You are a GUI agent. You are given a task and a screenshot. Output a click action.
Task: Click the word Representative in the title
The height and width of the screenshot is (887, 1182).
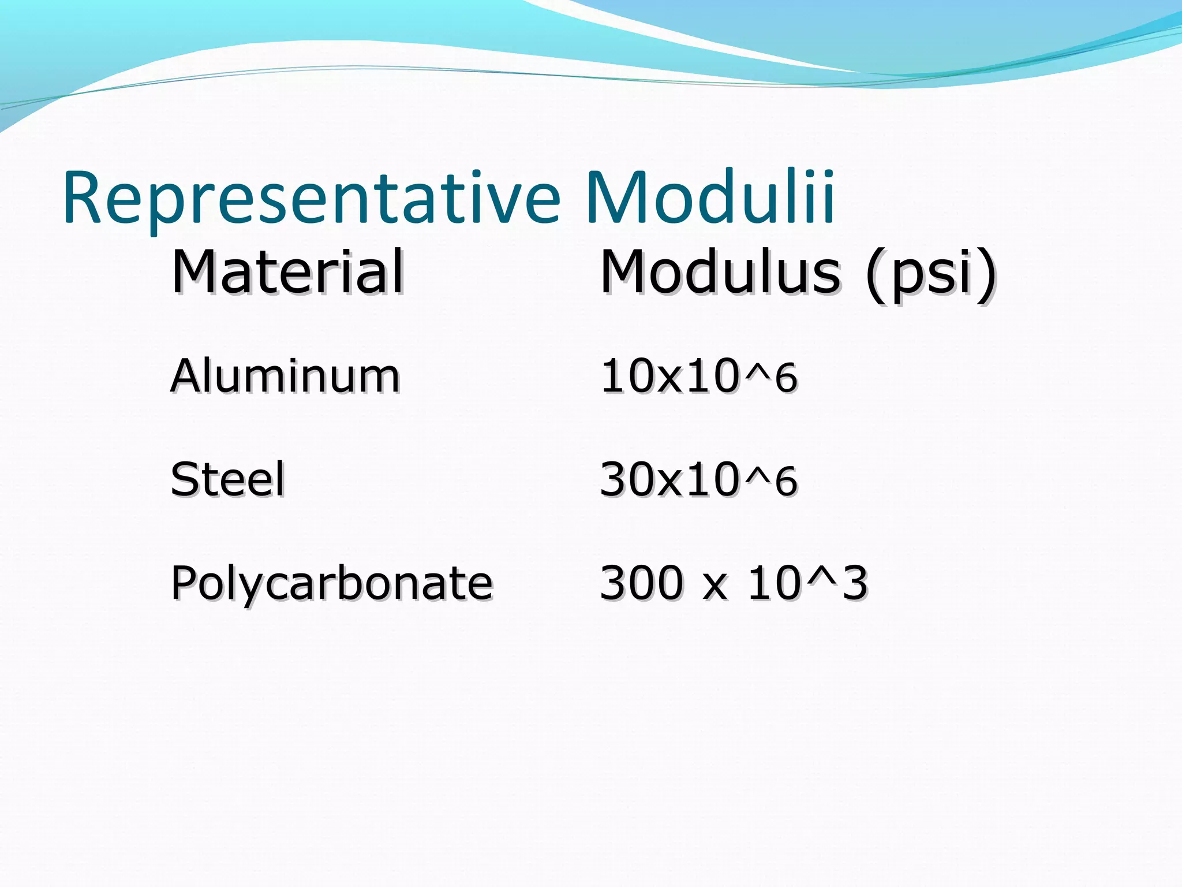(312, 197)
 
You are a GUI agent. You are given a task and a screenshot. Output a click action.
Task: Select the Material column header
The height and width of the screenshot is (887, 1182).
(287, 271)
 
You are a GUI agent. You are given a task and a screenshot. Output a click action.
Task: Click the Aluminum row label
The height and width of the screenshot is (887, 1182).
(285, 376)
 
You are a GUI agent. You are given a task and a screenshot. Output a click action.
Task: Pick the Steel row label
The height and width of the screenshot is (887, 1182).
(227, 479)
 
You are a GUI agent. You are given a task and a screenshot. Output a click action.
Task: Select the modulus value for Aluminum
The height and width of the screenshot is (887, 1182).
(698, 377)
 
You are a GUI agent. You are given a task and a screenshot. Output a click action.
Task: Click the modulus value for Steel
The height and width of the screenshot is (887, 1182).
(698, 479)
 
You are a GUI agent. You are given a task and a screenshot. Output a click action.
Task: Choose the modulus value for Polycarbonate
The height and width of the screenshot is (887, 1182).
(733, 583)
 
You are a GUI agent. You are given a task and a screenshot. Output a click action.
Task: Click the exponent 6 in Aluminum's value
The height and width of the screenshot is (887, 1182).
(786, 379)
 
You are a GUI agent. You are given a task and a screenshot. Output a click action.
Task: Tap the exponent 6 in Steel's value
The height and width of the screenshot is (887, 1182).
(786, 482)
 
